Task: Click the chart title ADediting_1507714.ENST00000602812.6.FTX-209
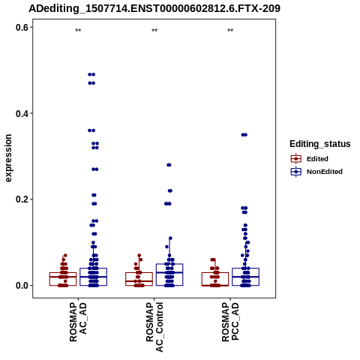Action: click(x=154, y=8)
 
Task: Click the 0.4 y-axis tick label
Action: click(x=22, y=113)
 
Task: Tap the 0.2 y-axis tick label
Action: click(x=22, y=199)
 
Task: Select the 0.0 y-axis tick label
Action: click(x=22, y=286)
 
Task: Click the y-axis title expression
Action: click(x=8, y=158)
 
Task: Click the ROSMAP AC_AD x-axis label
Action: click(x=78, y=322)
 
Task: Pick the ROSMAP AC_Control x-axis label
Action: click(x=154, y=327)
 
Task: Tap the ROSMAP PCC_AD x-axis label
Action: click(x=230, y=322)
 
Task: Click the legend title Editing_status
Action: click(x=320, y=144)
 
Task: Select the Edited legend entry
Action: click(x=310, y=159)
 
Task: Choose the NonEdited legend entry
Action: click(x=316, y=172)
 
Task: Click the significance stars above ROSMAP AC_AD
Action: click(x=78, y=31)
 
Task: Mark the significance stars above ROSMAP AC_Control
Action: click(x=154, y=31)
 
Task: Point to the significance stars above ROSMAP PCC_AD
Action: click(x=230, y=31)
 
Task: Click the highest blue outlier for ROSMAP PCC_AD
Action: click(x=244, y=135)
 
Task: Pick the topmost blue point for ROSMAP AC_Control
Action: click(x=169, y=165)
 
